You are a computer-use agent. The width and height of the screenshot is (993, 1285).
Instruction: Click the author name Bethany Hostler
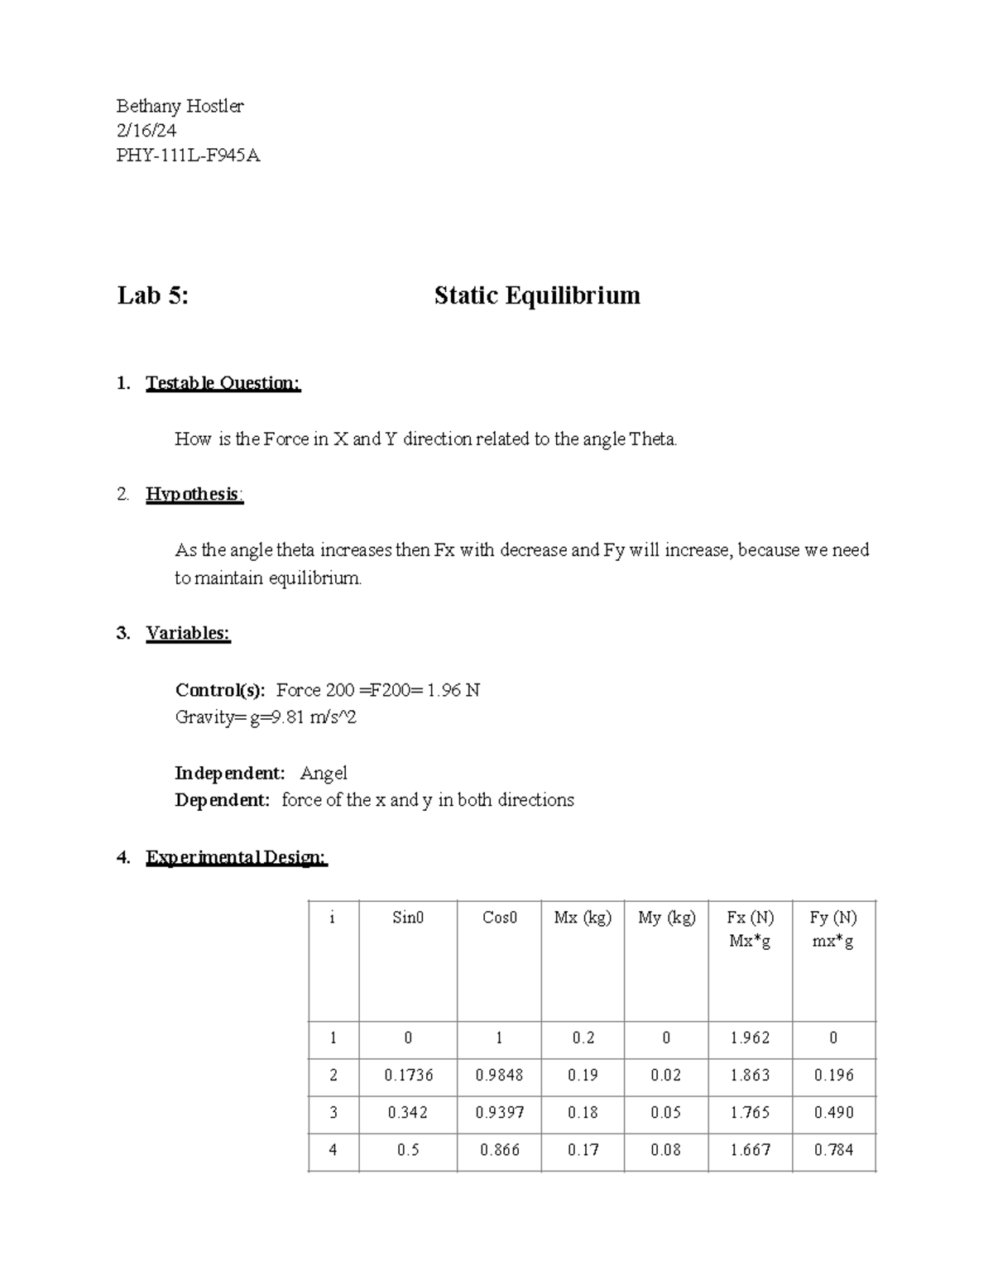coord(180,106)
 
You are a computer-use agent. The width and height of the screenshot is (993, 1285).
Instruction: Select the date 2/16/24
coord(146,131)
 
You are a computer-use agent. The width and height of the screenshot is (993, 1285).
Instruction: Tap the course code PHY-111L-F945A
coord(188,156)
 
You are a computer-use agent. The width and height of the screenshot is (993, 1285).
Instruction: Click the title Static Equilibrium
coord(537,295)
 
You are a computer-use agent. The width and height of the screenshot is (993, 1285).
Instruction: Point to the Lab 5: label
coord(153,295)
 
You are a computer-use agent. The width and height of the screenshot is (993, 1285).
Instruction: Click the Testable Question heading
coord(223,383)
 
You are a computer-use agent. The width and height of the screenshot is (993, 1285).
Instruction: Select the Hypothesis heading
coord(194,494)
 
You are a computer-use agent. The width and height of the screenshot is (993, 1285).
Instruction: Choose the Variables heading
coord(188,633)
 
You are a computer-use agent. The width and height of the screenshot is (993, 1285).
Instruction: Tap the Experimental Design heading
coord(237,857)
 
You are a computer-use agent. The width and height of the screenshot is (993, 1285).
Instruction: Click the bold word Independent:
coord(230,773)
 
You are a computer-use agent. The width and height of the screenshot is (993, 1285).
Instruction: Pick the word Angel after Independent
coord(324,773)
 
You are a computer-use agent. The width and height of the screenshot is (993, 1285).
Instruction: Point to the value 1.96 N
coord(453,690)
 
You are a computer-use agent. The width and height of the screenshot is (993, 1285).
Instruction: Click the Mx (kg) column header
coord(583,918)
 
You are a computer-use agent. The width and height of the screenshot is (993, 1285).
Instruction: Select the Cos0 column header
coord(499,918)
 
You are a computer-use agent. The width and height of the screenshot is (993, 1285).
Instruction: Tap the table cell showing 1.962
coord(750,1038)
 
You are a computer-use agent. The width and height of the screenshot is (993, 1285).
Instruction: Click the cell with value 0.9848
coord(499,1075)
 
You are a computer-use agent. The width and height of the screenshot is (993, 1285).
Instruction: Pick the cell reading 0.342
coord(407,1112)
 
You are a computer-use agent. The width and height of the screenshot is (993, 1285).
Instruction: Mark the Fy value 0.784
coord(833,1149)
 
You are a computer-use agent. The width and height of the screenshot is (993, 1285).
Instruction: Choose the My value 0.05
coord(665,1112)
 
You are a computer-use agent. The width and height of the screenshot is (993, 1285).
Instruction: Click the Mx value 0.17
coord(583,1149)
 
